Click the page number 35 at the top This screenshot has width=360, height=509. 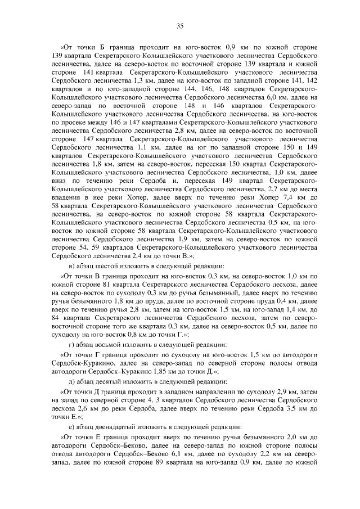point(180,25)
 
